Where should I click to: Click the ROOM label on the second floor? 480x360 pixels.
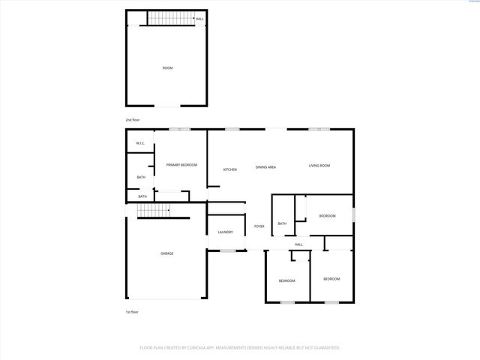tap(167, 68)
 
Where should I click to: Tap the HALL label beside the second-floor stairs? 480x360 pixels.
tap(199, 19)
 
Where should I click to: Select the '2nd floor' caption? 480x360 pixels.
tap(133, 120)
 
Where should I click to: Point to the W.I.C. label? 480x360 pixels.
tap(140, 143)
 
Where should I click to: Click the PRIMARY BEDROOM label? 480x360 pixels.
tap(181, 165)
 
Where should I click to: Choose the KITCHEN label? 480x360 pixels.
tap(229, 169)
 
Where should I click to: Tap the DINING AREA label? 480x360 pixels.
tap(265, 167)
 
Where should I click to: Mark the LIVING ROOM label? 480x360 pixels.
tap(319, 166)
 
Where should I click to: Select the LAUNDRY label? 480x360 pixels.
tap(226, 232)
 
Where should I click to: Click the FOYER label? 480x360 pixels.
tap(259, 226)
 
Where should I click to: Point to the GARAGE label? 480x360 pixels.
tap(166, 253)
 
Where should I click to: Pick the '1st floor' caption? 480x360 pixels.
tap(132, 312)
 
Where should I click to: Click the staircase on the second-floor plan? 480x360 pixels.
tap(169, 19)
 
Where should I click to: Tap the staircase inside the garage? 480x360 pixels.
tap(149, 213)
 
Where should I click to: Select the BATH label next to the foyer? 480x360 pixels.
tap(282, 223)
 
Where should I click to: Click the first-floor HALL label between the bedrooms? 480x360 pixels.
tap(298, 244)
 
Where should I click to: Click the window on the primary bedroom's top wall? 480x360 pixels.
tap(179, 130)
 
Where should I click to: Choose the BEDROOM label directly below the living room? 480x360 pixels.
tap(327, 216)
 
